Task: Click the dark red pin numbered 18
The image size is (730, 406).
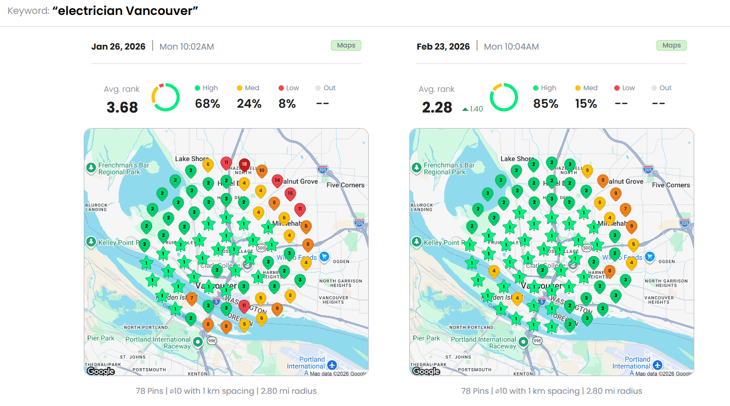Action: [244, 164]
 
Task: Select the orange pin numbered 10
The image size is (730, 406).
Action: [261, 171]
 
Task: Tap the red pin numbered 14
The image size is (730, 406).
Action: [277, 180]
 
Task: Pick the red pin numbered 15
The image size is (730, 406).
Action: [290, 193]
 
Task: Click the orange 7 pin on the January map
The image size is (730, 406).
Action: [192, 298]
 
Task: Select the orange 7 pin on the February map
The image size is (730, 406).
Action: [625, 209]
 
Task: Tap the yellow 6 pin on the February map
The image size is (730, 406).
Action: [599, 202]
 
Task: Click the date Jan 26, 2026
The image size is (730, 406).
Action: [118, 46]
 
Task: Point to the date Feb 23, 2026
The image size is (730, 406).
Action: [443, 46]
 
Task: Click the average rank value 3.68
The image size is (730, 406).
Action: [122, 107]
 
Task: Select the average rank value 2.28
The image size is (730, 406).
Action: [437, 107]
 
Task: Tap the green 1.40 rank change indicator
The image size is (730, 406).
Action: [473, 109]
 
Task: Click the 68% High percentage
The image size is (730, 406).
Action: [208, 104]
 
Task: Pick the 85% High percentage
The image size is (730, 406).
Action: [545, 104]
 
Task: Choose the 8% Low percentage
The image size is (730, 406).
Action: [287, 104]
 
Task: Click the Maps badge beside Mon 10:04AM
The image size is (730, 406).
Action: [671, 45]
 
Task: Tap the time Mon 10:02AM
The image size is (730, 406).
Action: [187, 46]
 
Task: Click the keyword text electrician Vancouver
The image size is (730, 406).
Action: [125, 11]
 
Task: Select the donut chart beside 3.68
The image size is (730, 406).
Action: [165, 97]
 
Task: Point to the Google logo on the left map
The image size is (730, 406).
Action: [101, 371]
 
